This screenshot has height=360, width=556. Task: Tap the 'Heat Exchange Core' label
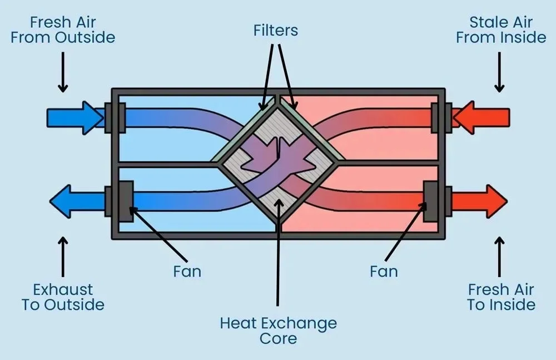(278, 331)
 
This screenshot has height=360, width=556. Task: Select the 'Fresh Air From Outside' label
(63, 31)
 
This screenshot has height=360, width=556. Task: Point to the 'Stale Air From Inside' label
(500, 31)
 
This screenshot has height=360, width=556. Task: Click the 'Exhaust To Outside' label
(63, 297)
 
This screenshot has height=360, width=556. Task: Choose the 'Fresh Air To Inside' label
(500, 297)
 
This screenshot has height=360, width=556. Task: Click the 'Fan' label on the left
(187, 272)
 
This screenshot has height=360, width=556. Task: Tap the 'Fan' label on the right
(384, 272)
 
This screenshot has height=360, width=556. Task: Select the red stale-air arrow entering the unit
(481, 117)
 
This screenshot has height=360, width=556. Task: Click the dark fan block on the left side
(125, 200)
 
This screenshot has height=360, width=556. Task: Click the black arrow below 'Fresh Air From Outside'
(63, 72)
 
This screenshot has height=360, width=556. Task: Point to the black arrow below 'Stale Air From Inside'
(500, 72)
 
